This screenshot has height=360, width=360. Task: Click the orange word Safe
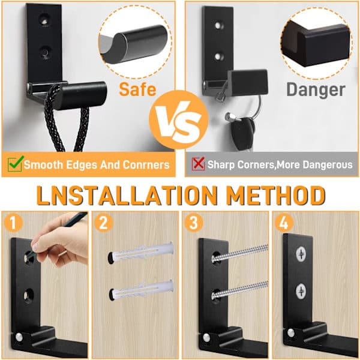137,89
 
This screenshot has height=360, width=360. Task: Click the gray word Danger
316,90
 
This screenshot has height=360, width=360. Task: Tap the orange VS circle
179,119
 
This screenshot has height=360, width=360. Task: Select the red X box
198,164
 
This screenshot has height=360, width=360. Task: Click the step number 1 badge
13,222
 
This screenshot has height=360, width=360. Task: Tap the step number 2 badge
103,222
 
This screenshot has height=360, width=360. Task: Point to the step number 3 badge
194,222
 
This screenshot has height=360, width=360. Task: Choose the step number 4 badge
284,222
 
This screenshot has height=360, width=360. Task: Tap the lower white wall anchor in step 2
140,290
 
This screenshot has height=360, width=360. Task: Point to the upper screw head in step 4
301,254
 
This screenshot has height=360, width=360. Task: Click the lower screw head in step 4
301,291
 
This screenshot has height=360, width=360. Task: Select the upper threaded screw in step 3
240,254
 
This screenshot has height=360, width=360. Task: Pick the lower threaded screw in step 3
240,290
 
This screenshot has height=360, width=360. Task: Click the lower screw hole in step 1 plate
29,295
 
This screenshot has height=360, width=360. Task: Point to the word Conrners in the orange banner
146,164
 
